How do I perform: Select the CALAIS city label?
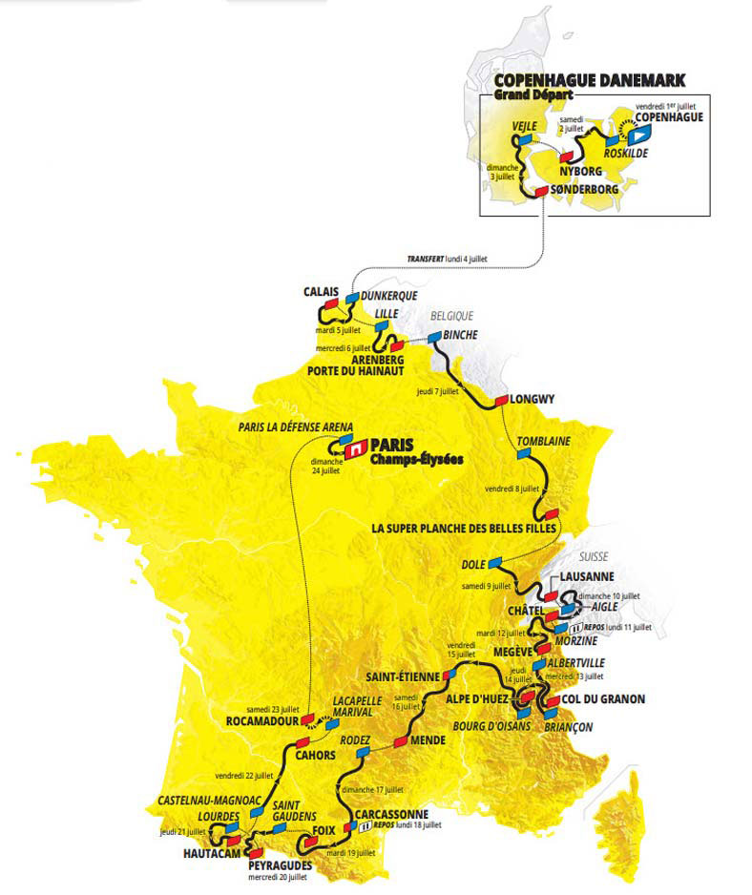pos(323,292)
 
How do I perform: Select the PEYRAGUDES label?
pos(280,864)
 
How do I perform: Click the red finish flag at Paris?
pos(354,446)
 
